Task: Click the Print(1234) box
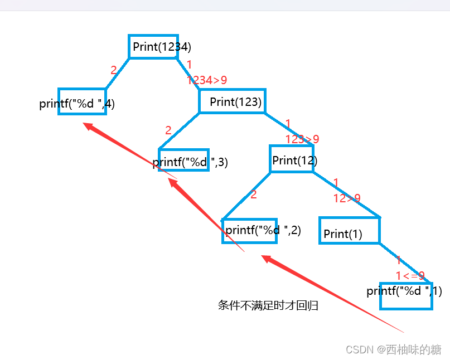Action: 154,46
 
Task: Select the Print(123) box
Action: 232,101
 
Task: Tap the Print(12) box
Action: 292,160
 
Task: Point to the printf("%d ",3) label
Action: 190,162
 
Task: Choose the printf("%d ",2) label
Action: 263,230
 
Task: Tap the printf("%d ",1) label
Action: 404,291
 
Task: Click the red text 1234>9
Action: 207,80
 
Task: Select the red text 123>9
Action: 302,139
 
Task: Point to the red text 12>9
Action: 347,198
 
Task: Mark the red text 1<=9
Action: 410,275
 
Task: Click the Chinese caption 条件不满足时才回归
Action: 268,305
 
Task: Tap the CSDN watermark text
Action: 394,349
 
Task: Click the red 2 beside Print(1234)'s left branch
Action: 114,70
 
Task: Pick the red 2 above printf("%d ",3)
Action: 168,130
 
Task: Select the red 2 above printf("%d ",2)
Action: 254,194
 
